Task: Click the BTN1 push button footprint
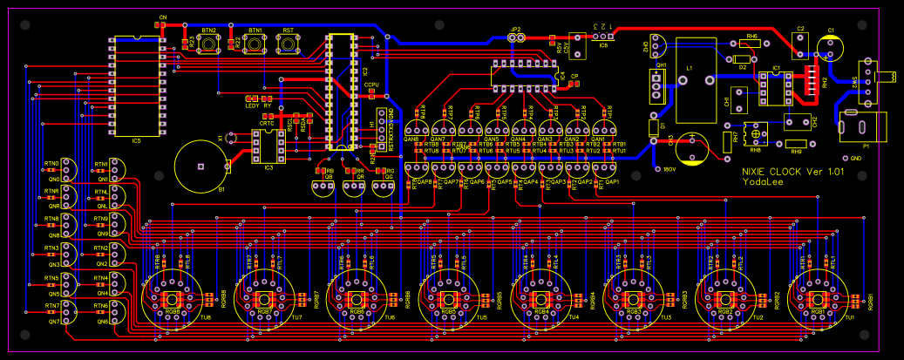[256, 46]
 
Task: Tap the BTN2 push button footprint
[209, 46]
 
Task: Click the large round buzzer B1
[200, 166]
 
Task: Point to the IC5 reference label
[136, 139]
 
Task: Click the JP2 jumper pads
[516, 37]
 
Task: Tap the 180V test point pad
[656, 169]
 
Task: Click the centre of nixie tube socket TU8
[171, 299]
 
